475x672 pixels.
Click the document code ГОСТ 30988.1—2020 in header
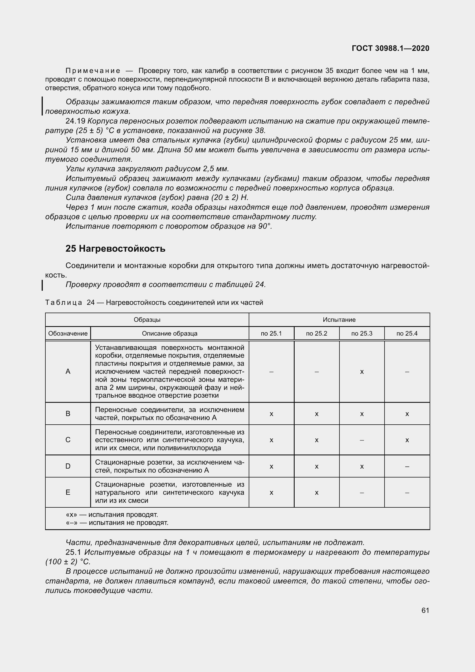tap(390, 48)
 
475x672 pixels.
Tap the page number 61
tap(425, 610)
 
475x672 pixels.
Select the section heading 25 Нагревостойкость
tap(115, 249)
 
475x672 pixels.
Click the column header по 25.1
tap(271, 333)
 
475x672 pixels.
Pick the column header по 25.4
tap(407, 333)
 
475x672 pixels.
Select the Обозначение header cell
tap(68, 333)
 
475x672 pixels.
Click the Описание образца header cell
tap(169, 333)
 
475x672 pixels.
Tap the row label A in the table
tap(68, 371)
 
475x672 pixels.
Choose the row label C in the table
tap(68, 440)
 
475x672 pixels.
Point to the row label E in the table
tap(68, 492)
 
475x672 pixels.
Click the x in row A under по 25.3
tap(362, 372)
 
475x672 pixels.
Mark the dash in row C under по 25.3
tap(362, 440)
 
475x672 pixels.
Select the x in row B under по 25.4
tap(407, 414)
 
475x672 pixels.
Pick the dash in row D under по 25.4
tap(407, 466)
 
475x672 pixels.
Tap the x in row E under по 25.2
tap(316, 493)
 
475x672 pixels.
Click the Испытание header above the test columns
tap(339, 319)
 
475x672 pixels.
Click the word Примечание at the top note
tap(93, 71)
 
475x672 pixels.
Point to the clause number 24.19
tap(75, 121)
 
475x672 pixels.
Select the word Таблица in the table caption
tap(63, 302)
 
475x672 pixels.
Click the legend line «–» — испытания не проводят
tap(117, 522)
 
